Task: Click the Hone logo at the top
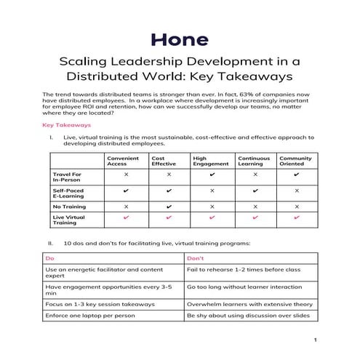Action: coord(180,39)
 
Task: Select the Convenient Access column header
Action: coord(122,161)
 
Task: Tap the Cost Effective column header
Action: coord(163,161)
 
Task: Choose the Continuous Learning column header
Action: coord(254,161)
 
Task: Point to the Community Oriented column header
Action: coord(295,161)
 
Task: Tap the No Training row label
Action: coord(70,207)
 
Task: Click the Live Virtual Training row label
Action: coord(70,220)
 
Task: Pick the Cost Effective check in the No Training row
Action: coord(169,207)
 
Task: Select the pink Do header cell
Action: coord(49,257)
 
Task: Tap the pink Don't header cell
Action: coord(196,257)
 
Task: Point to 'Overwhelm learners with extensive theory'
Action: coord(243,304)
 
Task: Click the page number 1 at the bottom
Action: coord(315,340)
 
